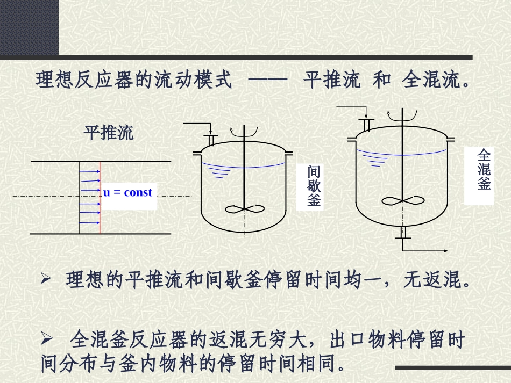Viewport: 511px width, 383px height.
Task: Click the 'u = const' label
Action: [127, 192]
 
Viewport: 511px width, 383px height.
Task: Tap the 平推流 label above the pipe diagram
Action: [109, 132]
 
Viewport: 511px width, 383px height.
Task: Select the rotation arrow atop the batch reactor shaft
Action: [244, 129]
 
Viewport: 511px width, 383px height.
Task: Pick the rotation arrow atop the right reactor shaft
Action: [402, 113]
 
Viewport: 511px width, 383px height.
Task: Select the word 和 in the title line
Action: [382, 81]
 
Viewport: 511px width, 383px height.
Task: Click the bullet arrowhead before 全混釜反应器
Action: [47, 339]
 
